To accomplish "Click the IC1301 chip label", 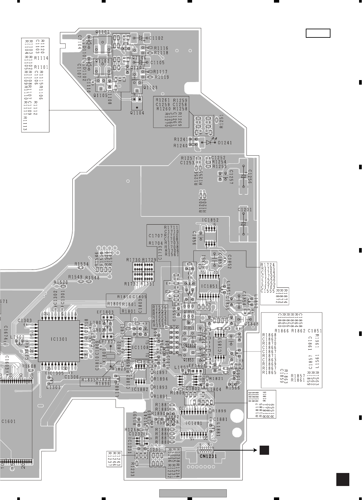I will (59, 339).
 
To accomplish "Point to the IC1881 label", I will (195, 424).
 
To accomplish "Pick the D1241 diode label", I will (225, 143).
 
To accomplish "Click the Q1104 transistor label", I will (137, 113).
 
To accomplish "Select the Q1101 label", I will (102, 32).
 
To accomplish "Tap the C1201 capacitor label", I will (245, 210).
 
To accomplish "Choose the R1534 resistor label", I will (81, 264).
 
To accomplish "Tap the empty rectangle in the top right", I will (318, 33).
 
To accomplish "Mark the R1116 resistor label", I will (161, 48).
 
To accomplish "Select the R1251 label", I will (221, 122).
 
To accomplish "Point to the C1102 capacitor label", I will (157, 38).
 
